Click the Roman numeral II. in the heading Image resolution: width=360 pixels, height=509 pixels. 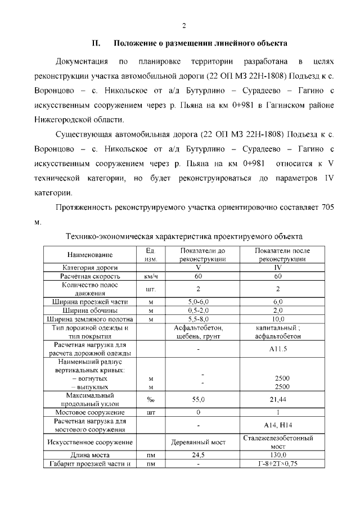[96, 43]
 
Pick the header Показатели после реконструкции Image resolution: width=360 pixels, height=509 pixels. [278, 255]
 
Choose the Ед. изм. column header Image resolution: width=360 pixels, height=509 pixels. [150, 255]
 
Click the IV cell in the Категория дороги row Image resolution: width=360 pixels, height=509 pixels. [278, 268]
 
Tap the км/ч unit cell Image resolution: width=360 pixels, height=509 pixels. [150, 277]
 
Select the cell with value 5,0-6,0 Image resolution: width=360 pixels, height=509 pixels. [198, 302]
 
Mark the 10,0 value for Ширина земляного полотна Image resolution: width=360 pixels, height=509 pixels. [278, 319]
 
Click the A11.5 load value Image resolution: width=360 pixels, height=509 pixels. [278, 349]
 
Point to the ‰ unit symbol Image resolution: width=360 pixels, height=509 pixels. [150, 400]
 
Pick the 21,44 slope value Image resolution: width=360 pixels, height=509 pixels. [278, 399]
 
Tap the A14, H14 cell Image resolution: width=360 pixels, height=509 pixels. [278, 425]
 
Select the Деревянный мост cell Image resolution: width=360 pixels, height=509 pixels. [198, 442]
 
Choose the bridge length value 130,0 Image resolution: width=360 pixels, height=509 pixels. [278, 455]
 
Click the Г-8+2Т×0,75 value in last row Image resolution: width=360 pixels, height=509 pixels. [278, 464]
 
